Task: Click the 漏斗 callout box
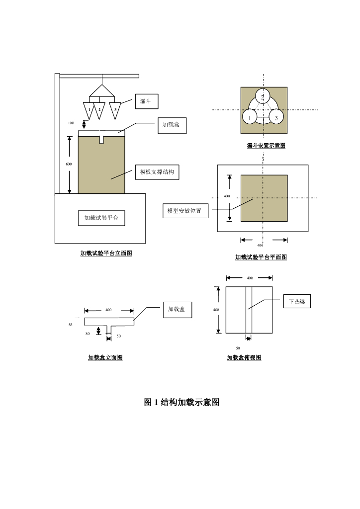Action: tap(146, 101)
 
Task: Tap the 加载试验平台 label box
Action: tap(101, 218)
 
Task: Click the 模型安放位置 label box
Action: tap(184, 211)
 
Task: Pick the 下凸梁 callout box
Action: tap(297, 301)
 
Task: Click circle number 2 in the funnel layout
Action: tap(264, 96)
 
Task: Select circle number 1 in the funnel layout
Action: tap(250, 118)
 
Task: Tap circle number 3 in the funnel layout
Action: tap(276, 118)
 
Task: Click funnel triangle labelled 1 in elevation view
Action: tap(89, 109)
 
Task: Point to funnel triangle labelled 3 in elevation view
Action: tap(115, 109)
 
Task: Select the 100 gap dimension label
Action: tap(71, 122)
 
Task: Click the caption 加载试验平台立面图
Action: tap(106, 253)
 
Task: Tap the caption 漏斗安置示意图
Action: tap(266, 146)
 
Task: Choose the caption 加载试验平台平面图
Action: tap(261, 257)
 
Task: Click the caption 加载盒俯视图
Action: tap(244, 357)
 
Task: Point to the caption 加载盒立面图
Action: tap(105, 357)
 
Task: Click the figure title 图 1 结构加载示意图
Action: tap(181, 402)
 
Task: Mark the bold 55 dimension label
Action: tap(71, 324)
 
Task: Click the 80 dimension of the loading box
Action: tap(88, 334)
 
